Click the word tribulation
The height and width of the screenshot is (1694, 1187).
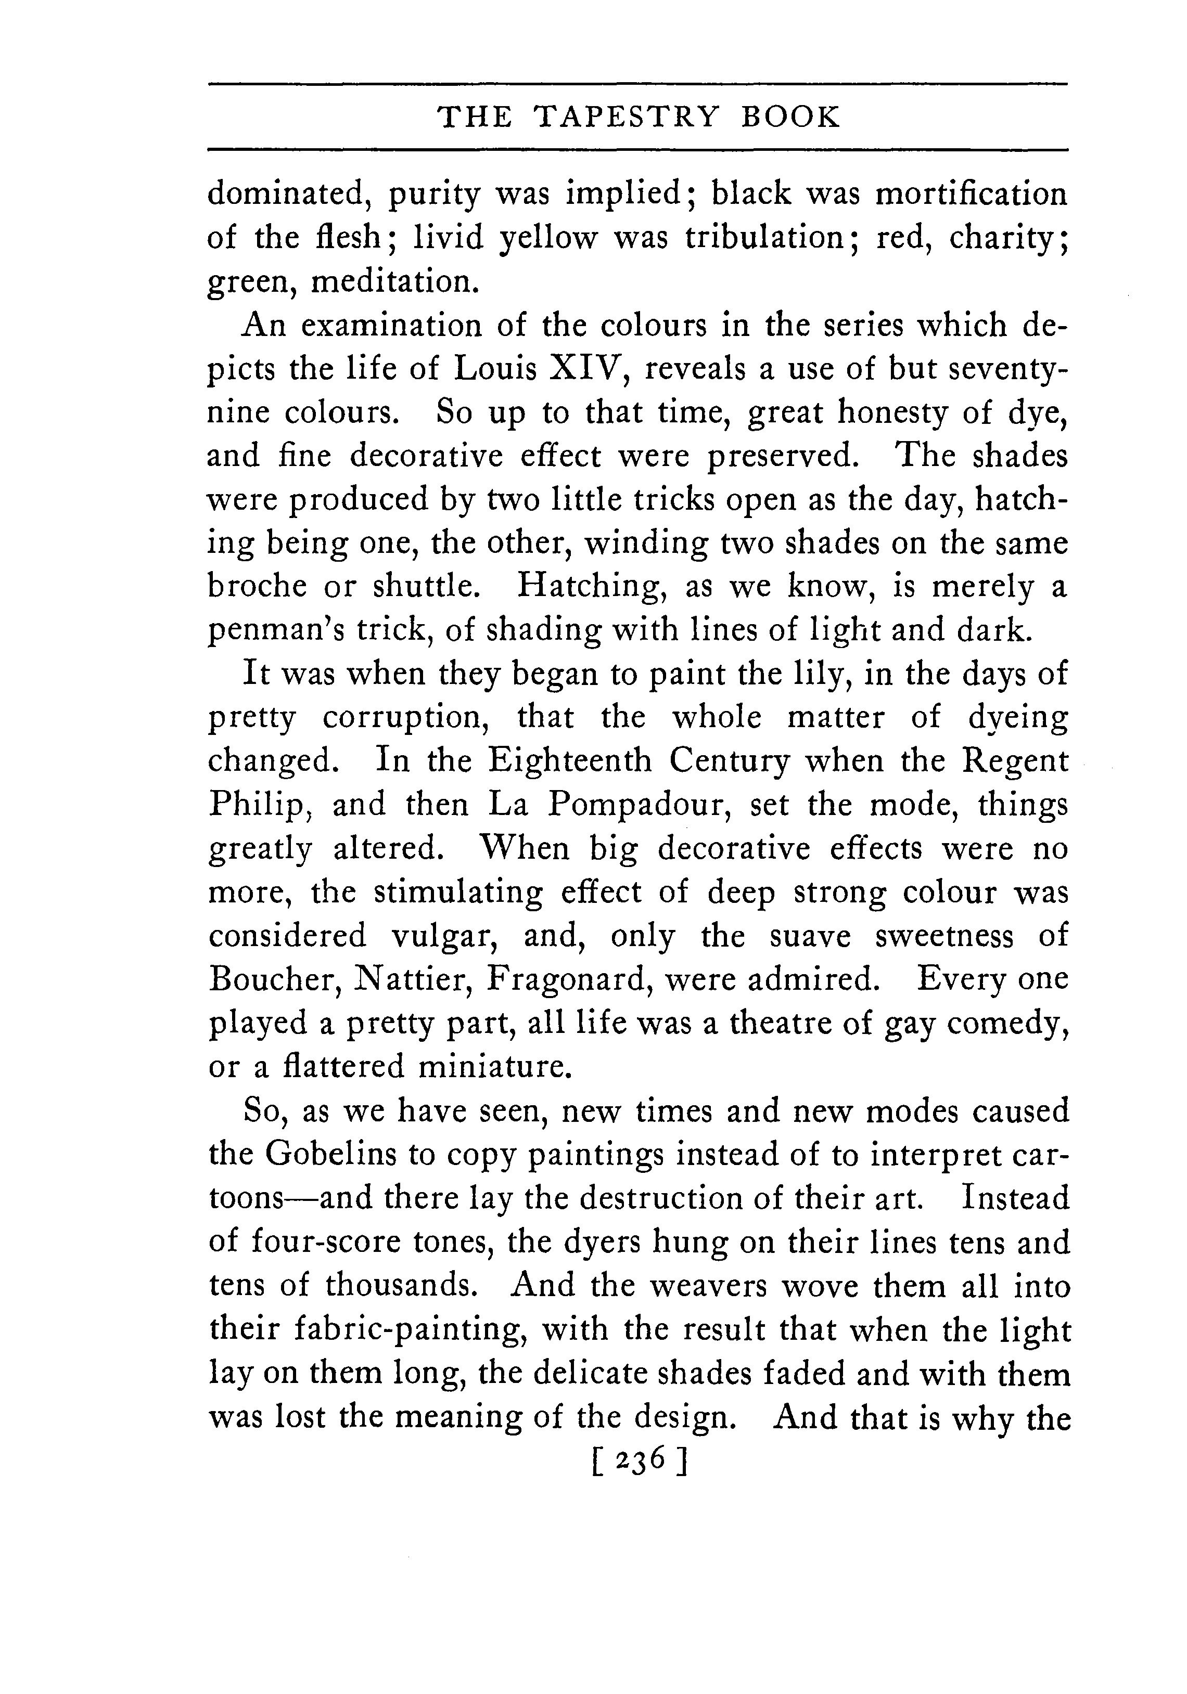click(771, 238)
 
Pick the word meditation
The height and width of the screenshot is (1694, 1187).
click(395, 282)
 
